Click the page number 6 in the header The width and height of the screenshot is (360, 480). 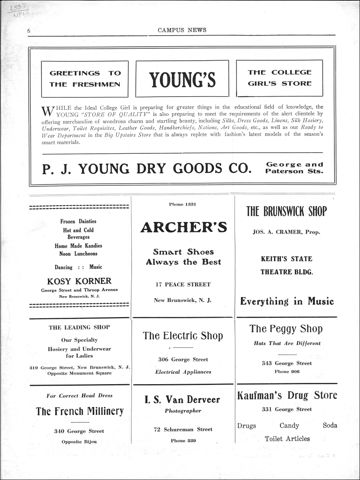(29, 31)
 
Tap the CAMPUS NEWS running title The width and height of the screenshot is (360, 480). (182, 30)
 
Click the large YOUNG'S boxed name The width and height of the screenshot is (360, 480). (182, 79)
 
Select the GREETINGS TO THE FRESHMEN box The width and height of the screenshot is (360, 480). (85, 79)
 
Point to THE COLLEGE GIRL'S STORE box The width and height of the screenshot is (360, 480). (279, 78)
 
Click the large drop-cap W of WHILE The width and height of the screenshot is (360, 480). (47, 110)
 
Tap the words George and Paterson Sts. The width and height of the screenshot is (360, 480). (294, 168)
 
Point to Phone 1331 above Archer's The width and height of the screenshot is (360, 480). (183, 204)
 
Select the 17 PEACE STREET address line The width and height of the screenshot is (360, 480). (183, 284)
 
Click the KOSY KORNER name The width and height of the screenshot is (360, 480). (80, 281)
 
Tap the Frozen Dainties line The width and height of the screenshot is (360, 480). (78, 221)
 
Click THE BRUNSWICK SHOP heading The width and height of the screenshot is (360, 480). (286, 211)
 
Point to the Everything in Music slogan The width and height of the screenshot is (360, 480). (286, 301)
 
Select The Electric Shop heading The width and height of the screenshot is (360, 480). (183, 336)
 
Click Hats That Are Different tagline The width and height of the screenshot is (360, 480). (287, 343)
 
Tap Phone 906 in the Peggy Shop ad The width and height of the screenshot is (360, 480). (287, 371)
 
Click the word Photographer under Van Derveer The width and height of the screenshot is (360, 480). (183, 411)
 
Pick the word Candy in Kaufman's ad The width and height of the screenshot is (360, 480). (289, 426)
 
